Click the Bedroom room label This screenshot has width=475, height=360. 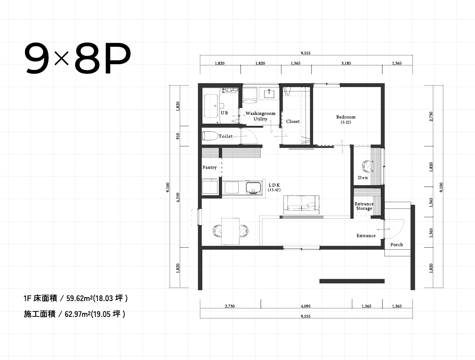(x=346, y=117)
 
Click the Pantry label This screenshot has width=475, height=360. (x=209, y=167)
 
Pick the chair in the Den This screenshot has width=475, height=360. (x=367, y=167)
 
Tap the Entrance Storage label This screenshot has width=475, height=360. (x=364, y=206)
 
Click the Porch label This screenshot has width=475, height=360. (x=396, y=244)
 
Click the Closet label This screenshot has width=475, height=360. (x=293, y=121)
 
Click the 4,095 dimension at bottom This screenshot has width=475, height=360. (x=306, y=306)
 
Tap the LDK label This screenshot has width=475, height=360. (x=274, y=185)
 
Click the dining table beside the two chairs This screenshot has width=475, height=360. (x=230, y=231)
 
